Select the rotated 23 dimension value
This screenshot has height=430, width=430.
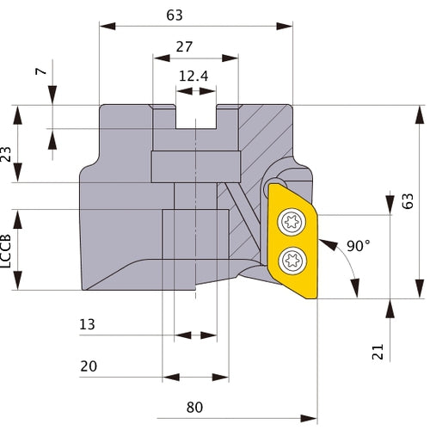point(8,155)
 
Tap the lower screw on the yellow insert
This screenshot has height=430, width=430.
point(292,257)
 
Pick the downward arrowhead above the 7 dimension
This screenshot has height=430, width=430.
point(52,98)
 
